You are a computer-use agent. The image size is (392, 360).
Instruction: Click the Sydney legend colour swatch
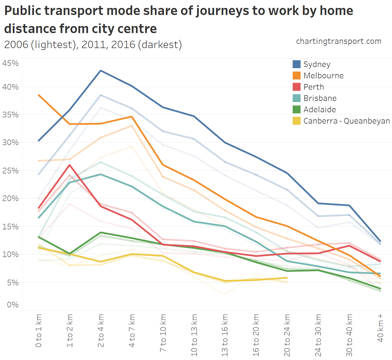pos(296,64)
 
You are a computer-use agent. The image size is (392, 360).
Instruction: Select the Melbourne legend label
pos(324,76)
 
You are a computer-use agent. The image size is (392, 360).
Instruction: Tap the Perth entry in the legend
pos(314,87)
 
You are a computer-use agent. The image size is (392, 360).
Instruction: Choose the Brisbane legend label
pos(320,98)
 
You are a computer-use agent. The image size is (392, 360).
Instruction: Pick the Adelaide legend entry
pos(320,109)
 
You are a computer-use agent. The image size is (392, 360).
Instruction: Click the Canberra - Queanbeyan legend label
pos(346,121)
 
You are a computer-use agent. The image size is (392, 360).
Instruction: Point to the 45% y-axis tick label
pos(10,63)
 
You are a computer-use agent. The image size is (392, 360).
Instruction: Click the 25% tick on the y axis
pos(10,171)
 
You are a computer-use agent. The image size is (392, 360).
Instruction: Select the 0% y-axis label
pos(13,305)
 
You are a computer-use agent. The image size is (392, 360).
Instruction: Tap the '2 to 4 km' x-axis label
pos(101,331)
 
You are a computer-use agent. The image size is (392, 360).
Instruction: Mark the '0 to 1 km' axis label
pos(39,331)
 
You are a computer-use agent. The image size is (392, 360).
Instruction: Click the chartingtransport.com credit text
pos(339,41)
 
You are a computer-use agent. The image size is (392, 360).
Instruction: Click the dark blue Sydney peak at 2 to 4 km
pos(101,71)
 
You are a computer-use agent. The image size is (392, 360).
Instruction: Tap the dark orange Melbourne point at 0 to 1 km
pos(39,95)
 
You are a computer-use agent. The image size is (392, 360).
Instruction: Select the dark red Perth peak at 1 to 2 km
pos(70,165)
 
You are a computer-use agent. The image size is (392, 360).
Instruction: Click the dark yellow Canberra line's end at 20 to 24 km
pos(287,278)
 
